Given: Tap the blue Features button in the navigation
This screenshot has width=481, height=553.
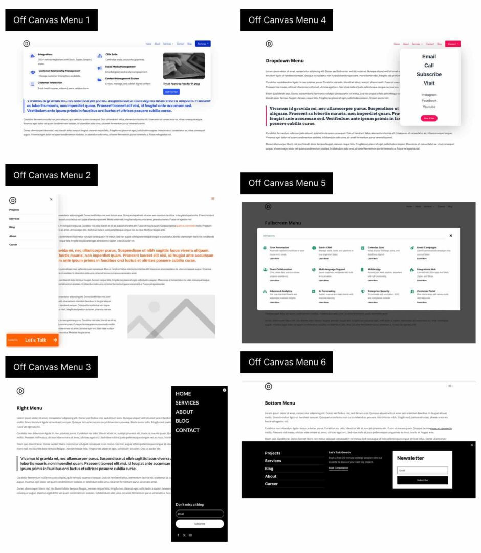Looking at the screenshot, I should coord(203,44).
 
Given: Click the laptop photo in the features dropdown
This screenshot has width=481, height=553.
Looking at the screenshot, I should coord(184,66).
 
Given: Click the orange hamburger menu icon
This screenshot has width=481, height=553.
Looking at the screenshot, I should coord(213,199).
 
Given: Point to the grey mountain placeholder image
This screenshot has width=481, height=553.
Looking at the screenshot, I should coord(171,316).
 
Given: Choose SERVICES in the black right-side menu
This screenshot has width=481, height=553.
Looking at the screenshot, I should coord(187,403).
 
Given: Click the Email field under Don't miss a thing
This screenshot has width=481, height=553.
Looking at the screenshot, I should coord(200,514).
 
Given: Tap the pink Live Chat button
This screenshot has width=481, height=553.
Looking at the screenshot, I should coord(429,118).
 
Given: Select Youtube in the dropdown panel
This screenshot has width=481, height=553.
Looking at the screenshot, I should coord(429,107).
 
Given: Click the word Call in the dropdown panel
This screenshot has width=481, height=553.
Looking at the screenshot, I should coord(429,66).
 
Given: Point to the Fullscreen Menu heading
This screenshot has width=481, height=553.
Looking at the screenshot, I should coord(283,223).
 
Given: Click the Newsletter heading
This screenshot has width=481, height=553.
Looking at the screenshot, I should coord(410,458).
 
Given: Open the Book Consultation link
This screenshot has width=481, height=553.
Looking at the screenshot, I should coord(338,468).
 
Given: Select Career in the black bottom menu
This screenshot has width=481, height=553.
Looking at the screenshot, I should coord(271,484).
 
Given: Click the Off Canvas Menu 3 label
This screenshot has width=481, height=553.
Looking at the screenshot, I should coord(52,367).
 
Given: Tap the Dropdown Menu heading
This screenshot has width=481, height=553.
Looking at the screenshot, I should coord(285,61).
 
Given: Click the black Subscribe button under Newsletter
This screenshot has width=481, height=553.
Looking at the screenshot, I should coord(422,480).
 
